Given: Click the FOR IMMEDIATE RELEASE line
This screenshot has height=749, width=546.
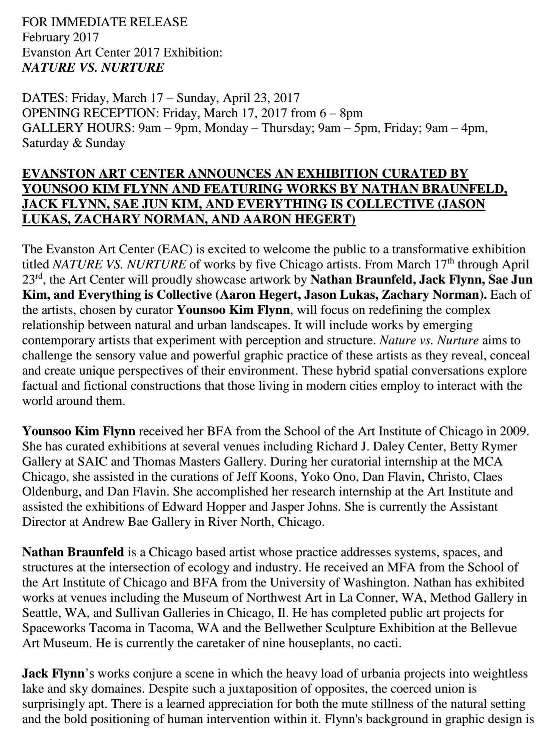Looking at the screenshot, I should point(105,22).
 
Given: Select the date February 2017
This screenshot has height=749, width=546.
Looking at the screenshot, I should point(60,37).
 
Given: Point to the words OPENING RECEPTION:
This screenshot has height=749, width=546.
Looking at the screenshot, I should point(91,113).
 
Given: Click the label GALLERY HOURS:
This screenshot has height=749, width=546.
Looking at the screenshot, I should point(78,128).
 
